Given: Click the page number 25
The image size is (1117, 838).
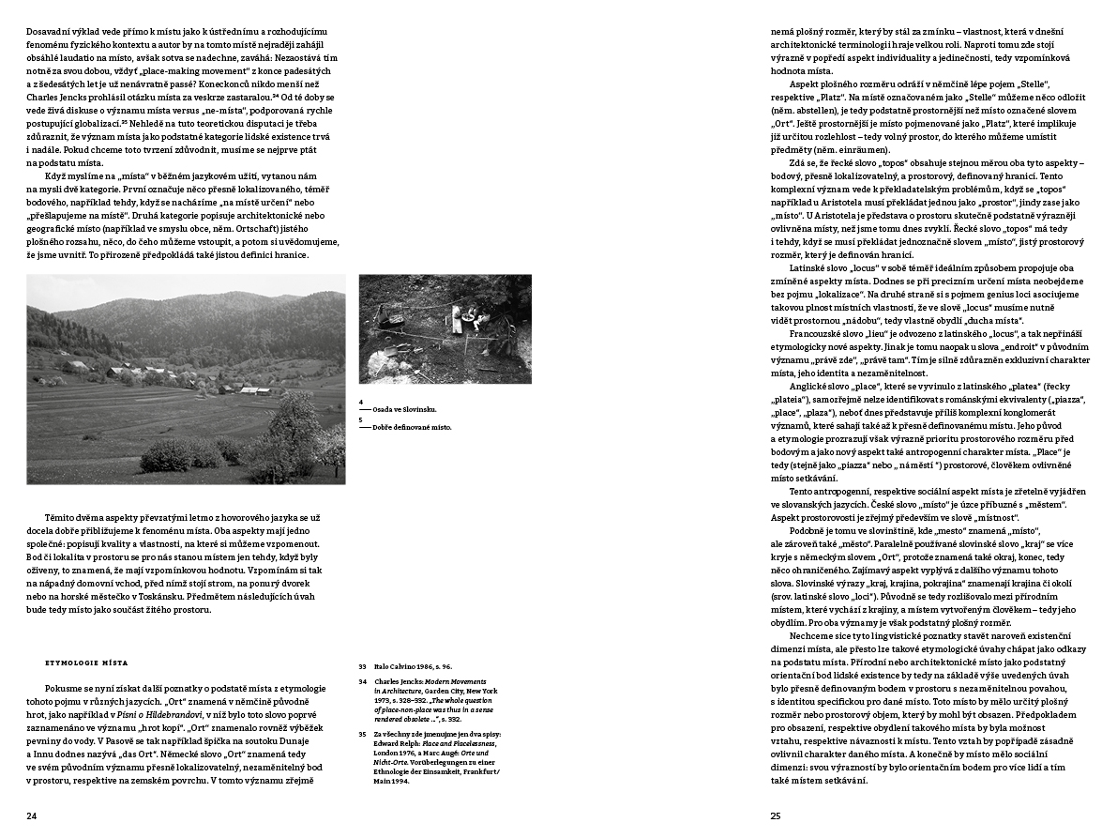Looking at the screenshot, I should (776, 815).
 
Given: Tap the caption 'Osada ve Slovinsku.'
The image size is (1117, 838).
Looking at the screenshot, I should (405, 410).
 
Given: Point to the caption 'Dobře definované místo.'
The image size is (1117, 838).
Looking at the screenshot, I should (412, 427).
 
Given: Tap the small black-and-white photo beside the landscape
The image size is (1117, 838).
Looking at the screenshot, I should (445, 328).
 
